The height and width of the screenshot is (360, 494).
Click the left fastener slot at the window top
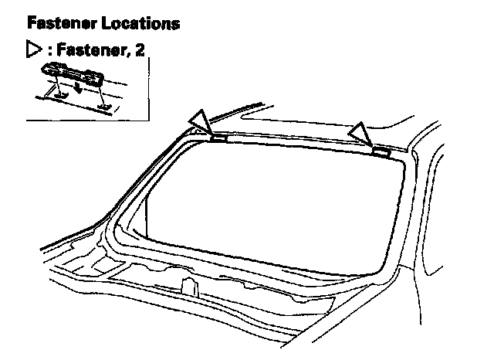tap(218, 139)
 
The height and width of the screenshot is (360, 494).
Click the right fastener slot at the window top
tap(380, 152)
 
